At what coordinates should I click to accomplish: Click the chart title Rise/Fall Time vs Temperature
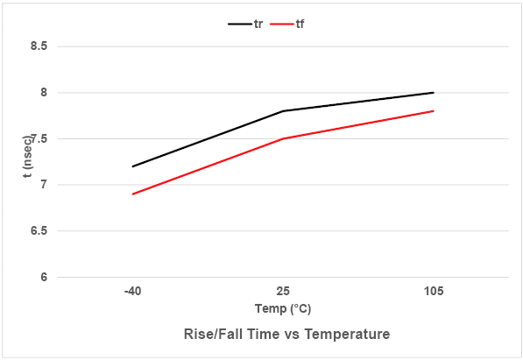coord(286,335)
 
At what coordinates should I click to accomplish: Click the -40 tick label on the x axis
coord(132,291)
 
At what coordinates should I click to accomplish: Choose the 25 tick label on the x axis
coord(283,291)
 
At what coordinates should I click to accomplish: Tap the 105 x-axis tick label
coord(433,291)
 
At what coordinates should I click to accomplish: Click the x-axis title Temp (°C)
coord(283,309)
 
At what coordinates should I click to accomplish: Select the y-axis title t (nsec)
coord(27,162)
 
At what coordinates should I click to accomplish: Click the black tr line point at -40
coord(132,166)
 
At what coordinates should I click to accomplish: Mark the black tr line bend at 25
coord(283,111)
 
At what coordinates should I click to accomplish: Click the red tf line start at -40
coord(132,194)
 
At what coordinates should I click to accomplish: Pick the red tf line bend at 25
coord(283,138)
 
